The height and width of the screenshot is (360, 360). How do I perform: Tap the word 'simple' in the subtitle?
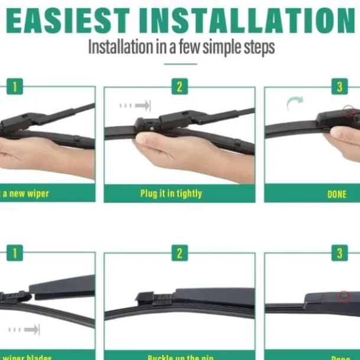211,47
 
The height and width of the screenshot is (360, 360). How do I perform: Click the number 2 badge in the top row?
179,87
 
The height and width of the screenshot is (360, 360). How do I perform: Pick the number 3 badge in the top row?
339,87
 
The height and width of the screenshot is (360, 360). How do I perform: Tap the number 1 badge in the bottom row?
15,253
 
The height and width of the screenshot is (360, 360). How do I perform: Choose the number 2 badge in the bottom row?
179,253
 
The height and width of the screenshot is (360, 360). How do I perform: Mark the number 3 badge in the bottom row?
339,253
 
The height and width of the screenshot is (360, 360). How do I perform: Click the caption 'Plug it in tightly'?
171,193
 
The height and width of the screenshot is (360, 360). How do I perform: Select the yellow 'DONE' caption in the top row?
337,194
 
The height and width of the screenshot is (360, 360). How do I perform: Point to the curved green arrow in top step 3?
294,104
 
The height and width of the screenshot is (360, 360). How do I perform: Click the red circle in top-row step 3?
348,110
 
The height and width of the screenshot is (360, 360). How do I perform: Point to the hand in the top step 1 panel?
41,155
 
